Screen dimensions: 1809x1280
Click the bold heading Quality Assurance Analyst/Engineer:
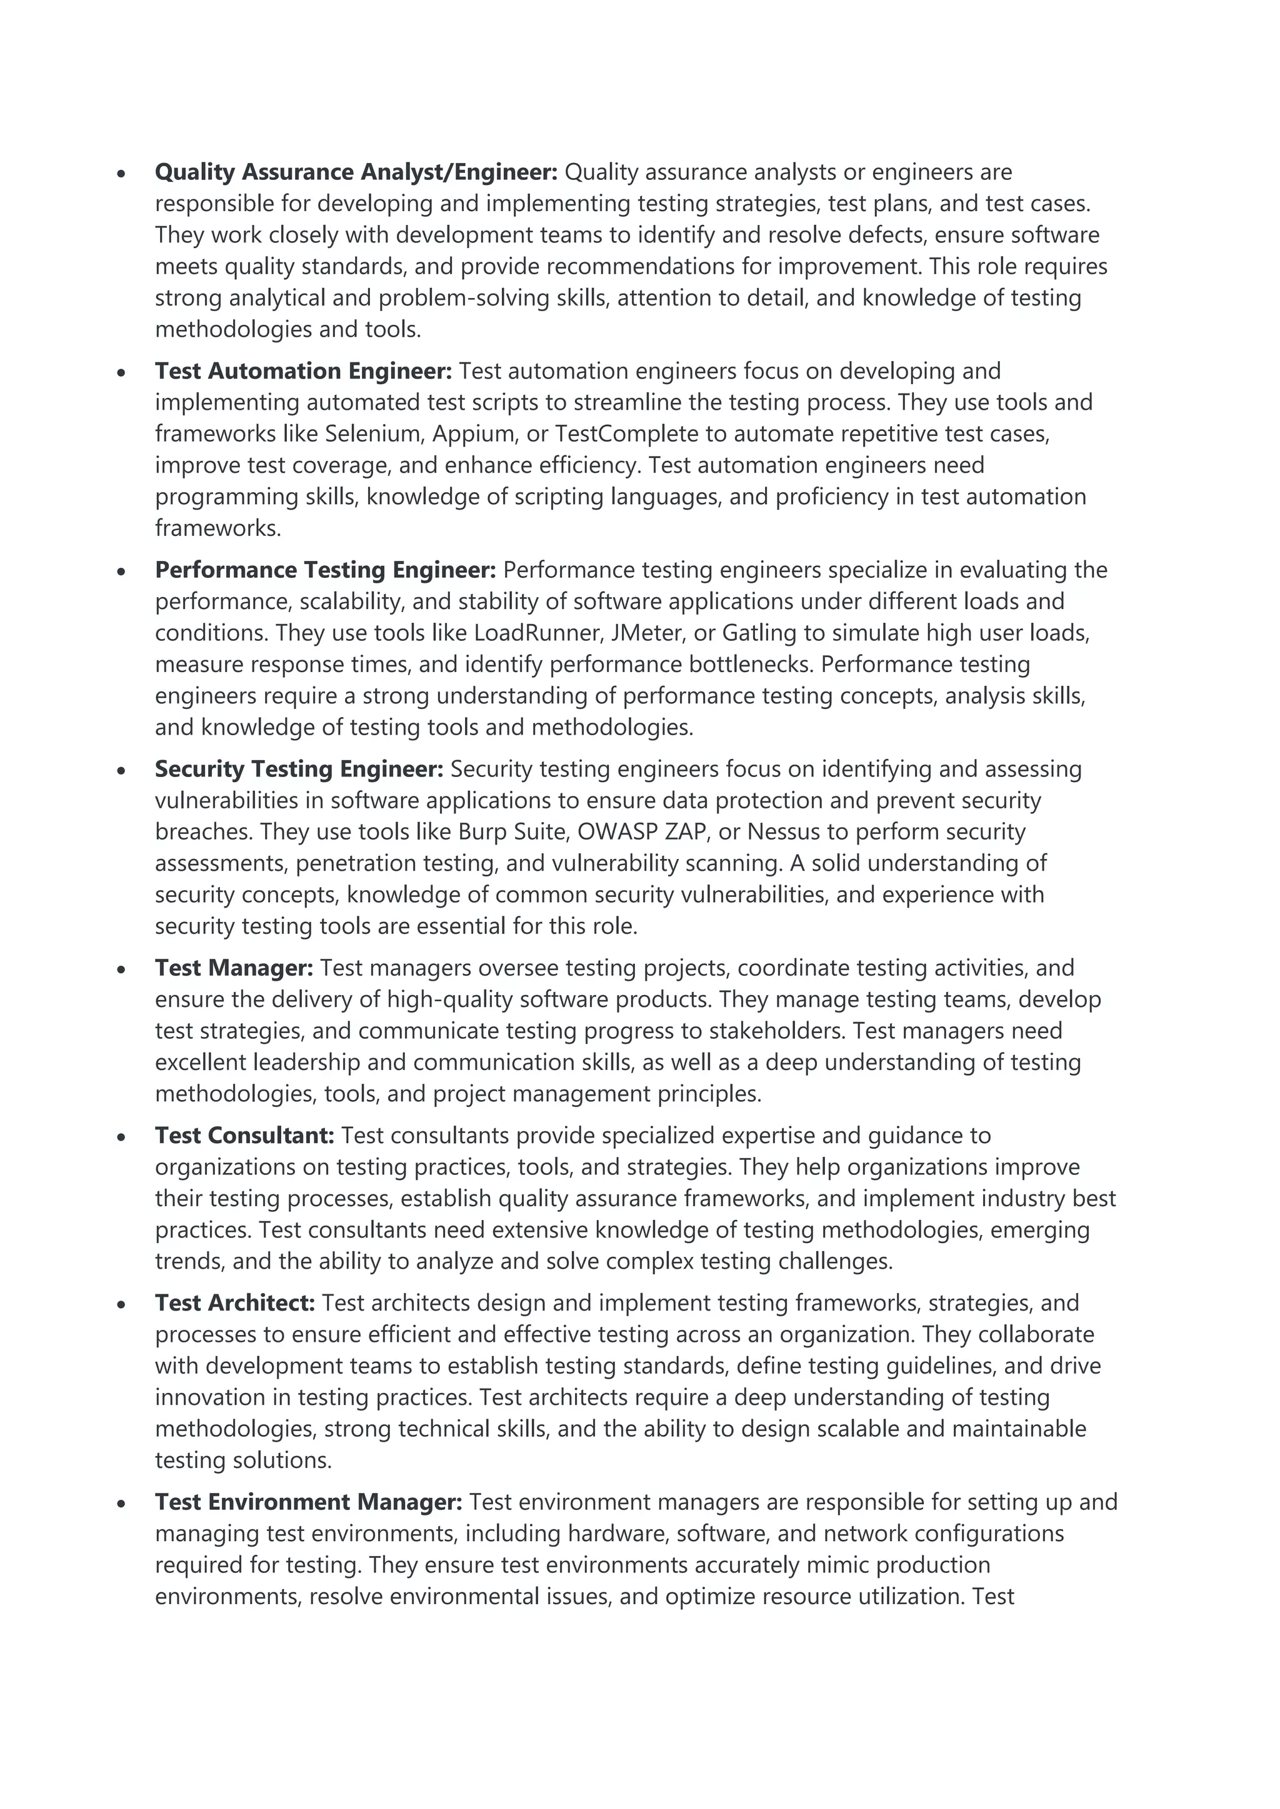coord(356,172)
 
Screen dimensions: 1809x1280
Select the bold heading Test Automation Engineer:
coord(304,371)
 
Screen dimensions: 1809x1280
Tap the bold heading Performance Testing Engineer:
coord(325,570)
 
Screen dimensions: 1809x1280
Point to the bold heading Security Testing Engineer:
coord(299,769)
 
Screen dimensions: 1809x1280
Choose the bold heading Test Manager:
coord(234,968)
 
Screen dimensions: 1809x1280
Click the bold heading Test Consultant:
coord(244,1136)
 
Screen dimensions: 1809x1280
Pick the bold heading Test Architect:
coord(235,1303)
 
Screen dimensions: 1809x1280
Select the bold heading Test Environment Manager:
coord(308,1502)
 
